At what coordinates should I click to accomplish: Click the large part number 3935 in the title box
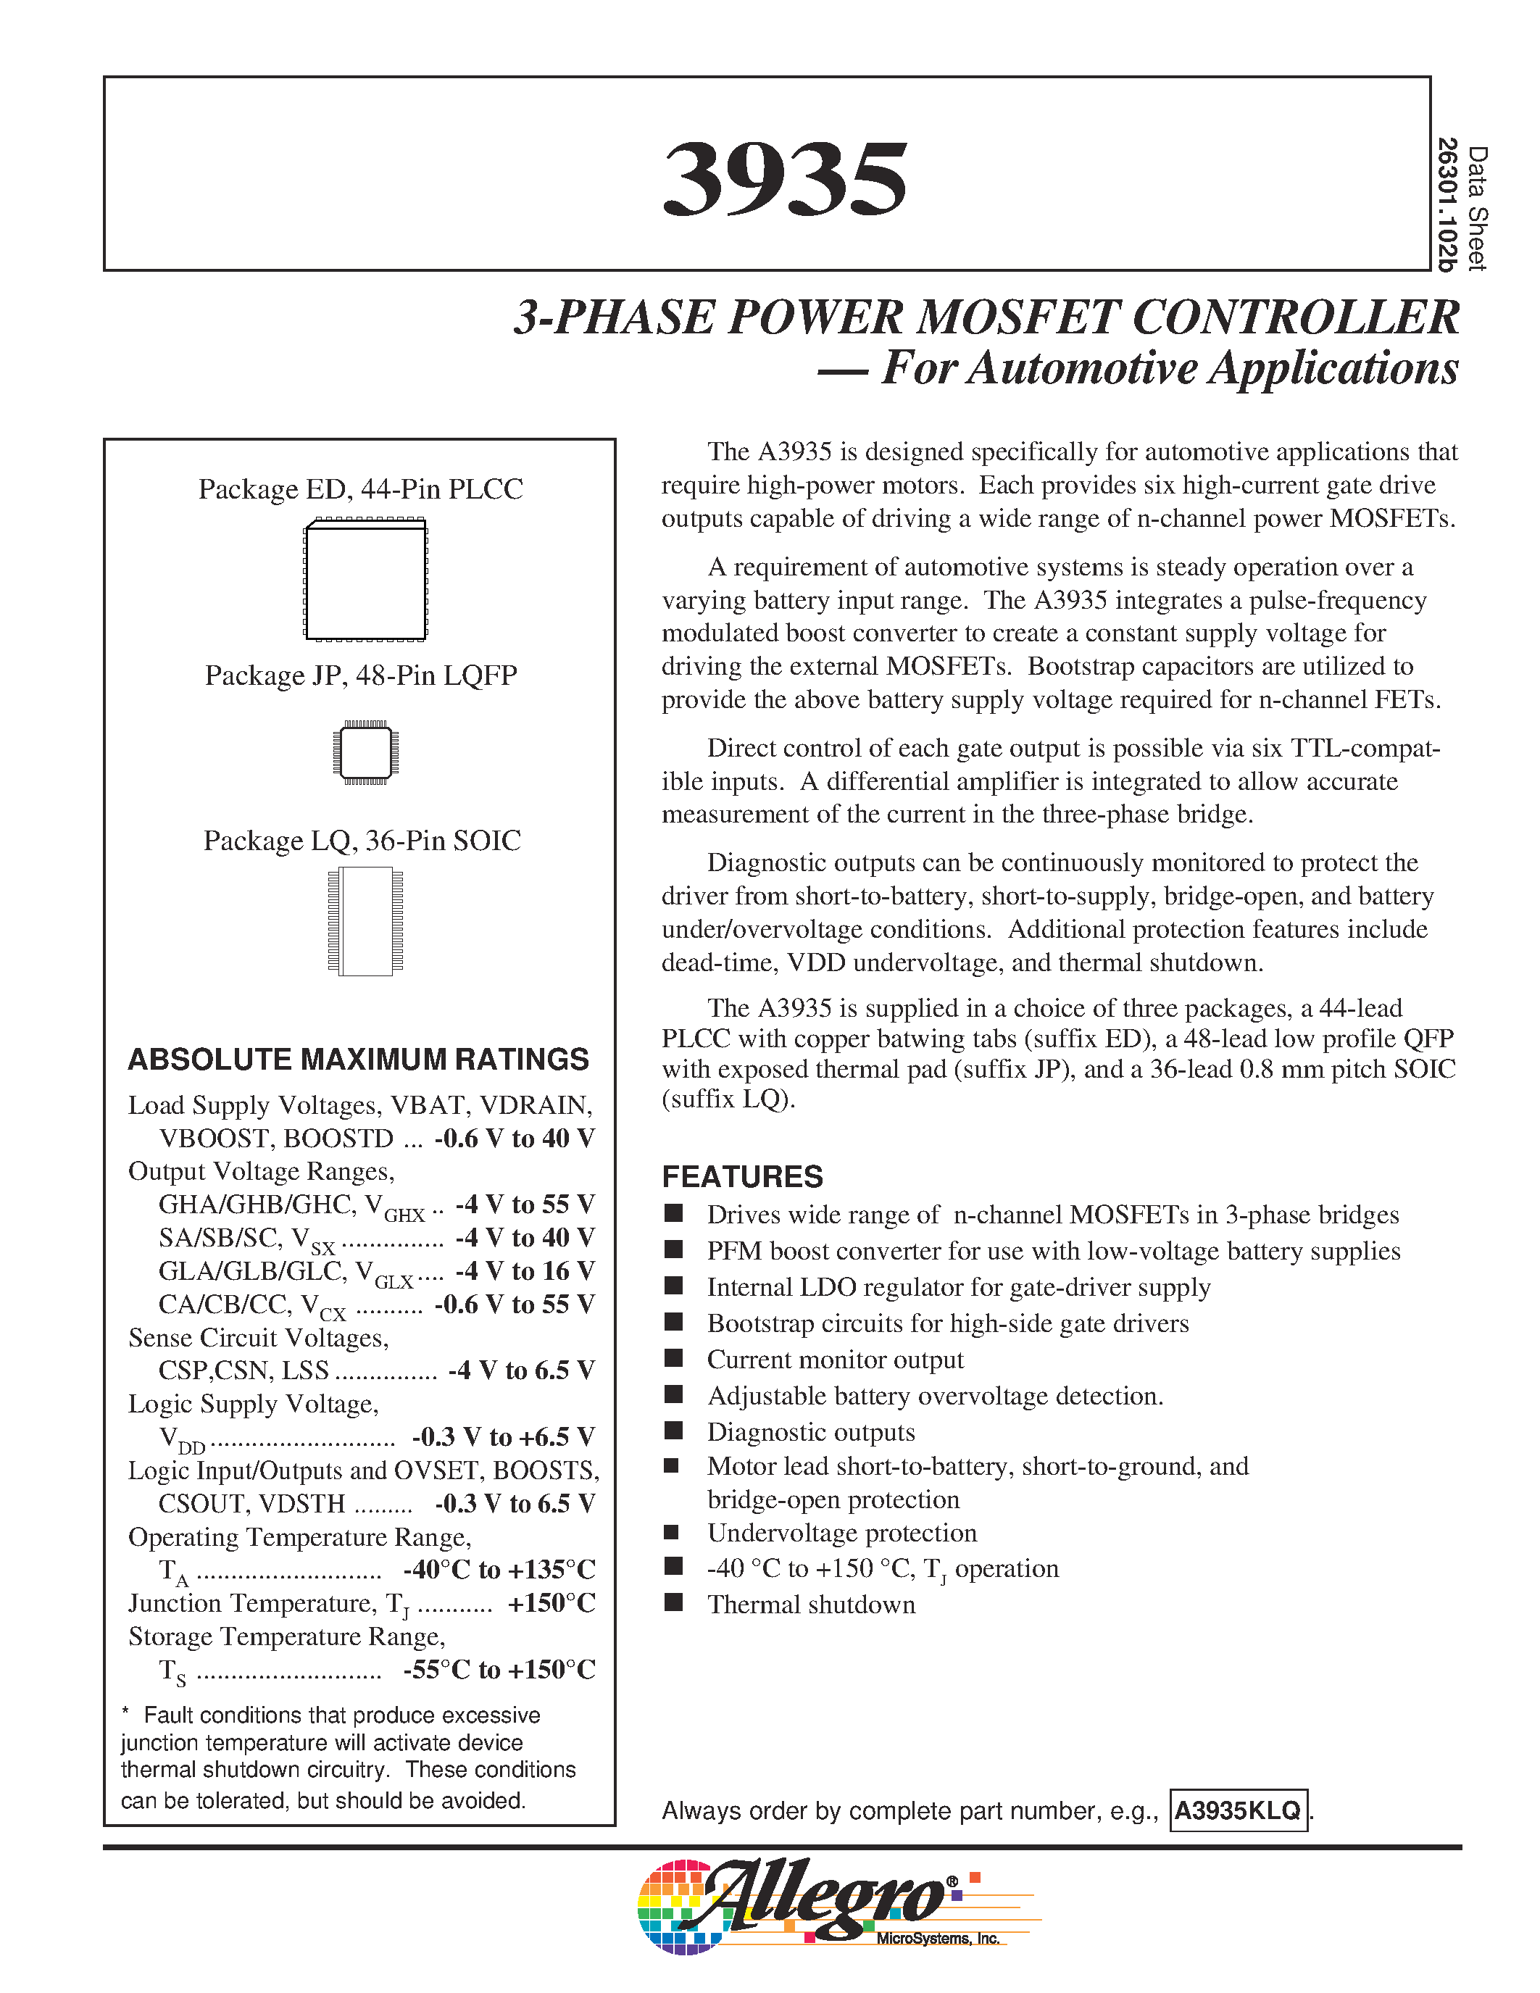pyautogui.click(x=785, y=180)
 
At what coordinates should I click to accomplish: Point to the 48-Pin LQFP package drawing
pyautogui.click(x=366, y=753)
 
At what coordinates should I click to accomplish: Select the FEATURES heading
pyautogui.click(x=741, y=1177)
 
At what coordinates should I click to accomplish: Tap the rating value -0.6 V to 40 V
pyautogui.click(x=515, y=1139)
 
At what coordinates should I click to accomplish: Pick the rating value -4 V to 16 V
pyautogui.click(x=525, y=1271)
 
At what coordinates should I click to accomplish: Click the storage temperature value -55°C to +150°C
pyautogui.click(x=499, y=1670)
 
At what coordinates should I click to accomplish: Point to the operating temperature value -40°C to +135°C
pyautogui.click(x=499, y=1570)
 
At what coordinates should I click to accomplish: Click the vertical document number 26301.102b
pyautogui.click(x=1447, y=204)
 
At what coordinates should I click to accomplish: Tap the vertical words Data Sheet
pyautogui.click(x=1478, y=208)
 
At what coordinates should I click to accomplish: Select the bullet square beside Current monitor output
pyautogui.click(x=673, y=1358)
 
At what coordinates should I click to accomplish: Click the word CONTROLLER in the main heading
pyautogui.click(x=1296, y=317)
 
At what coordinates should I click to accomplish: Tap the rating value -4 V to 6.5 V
pyautogui.click(x=521, y=1370)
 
